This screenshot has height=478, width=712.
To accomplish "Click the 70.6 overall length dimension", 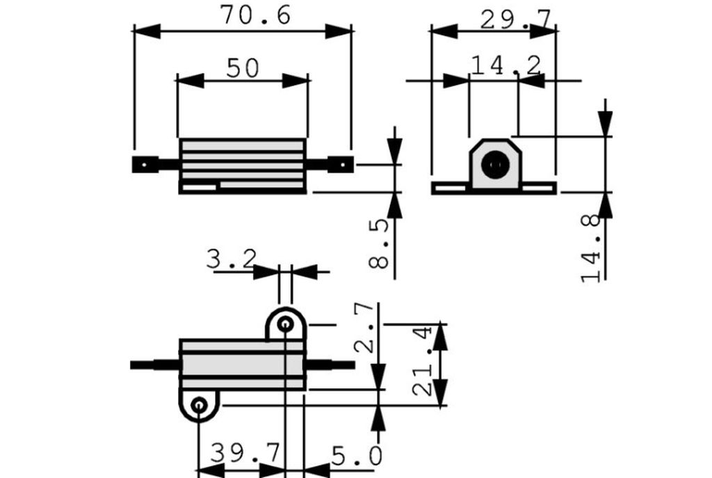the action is click(x=255, y=15).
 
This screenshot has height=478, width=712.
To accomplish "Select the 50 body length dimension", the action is click(x=243, y=68).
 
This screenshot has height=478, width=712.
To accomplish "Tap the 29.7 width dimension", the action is click(x=515, y=20).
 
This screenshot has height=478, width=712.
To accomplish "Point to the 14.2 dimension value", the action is click(x=506, y=65).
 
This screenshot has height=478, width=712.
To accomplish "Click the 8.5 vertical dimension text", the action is click(x=380, y=244).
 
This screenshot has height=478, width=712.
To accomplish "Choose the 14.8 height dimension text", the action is click(x=591, y=248).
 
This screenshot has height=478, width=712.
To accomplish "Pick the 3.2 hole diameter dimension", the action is click(x=232, y=259).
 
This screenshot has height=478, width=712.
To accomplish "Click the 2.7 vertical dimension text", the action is click(x=364, y=328).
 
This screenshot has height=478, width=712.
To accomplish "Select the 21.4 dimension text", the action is click(x=422, y=362).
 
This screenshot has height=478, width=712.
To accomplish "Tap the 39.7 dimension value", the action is click(x=245, y=454).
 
